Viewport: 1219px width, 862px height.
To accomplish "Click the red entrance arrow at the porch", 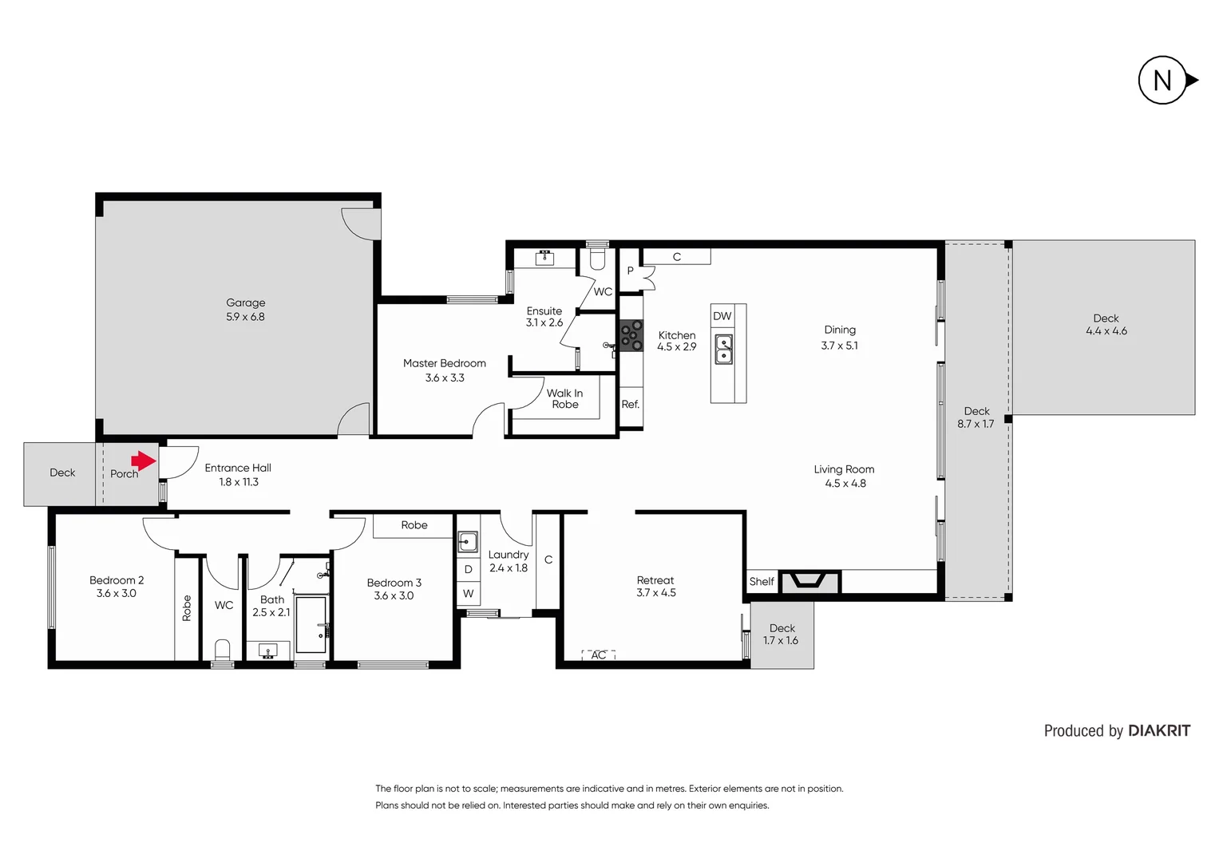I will pos(144,461).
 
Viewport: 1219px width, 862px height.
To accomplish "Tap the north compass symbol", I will pos(1164,80).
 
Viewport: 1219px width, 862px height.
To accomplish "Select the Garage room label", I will pos(245,303).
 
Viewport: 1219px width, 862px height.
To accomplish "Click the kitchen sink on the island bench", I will pos(723,350).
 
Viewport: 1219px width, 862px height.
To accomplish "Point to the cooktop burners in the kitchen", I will pos(631,335).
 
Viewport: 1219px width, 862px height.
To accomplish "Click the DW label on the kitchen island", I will pos(722,316).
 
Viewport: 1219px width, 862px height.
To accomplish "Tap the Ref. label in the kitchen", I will pos(631,405).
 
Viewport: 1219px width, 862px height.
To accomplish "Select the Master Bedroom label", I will pos(444,363).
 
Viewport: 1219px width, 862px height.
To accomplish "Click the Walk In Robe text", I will pos(564,399).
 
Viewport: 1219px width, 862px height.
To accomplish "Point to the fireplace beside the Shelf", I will pos(809,581).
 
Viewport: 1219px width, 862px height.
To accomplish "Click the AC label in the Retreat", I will pos(599,655).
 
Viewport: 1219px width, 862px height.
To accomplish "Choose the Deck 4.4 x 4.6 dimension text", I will pos(1106,331).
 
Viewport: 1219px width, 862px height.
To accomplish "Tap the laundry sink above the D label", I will pos(468,543).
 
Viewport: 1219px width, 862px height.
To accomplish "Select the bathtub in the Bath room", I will pos(311,625).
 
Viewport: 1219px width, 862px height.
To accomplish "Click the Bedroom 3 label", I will pos(394,583).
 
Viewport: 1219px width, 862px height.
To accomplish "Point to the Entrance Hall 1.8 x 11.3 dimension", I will pos(239,482).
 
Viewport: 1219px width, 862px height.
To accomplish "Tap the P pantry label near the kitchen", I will pos(630,271).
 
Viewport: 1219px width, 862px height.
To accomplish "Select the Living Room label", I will pos(844,469).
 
